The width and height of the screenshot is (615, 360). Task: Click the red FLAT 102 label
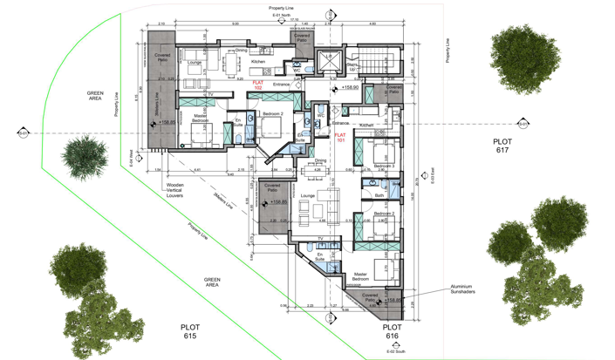click(257, 85)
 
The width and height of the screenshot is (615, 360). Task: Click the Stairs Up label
click(355, 67)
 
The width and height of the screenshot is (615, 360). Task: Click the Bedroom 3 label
click(384, 166)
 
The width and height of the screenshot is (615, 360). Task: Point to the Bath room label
click(379, 195)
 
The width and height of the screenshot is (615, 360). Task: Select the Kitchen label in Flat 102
click(258, 63)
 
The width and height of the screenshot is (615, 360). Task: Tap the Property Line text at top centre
click(282, 7)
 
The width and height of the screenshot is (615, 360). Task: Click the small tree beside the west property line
click(81, 151)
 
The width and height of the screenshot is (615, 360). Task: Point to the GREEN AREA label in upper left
click(95, 95)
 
